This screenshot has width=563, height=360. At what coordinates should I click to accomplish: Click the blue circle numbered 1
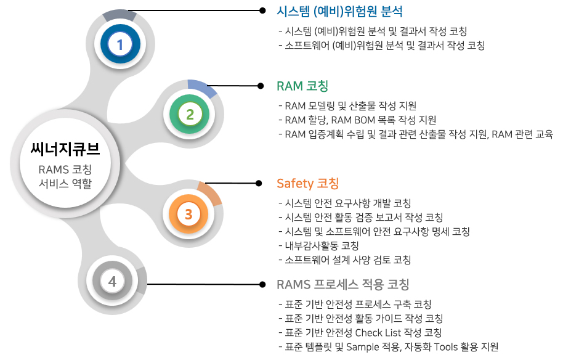point(120,44)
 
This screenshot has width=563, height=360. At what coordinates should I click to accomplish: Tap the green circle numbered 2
point(190,114)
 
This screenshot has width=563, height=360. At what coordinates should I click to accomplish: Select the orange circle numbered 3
point(188,214)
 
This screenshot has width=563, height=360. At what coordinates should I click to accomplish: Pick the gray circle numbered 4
point(112,281)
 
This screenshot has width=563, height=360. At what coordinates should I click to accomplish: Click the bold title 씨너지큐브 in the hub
point(65,149)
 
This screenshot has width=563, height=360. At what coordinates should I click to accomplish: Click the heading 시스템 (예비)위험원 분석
point(339,12)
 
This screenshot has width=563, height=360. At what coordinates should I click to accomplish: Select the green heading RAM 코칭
point(302,86)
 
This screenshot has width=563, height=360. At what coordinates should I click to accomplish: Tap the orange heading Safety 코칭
point(308,183)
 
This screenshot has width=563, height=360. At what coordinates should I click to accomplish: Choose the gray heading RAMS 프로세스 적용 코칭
point(343,284)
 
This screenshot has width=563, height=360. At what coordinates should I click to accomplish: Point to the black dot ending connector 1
point(262,10)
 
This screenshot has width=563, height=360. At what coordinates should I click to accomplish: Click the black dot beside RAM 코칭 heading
point(261,86)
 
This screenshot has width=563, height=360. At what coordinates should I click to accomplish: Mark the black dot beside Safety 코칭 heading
point(259,183)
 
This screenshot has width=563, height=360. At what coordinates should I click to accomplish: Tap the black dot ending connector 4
point(262,284)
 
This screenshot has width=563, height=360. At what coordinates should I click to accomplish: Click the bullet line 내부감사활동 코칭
point(319,246)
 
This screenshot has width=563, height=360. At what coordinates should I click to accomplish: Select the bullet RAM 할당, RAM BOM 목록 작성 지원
point(358,120)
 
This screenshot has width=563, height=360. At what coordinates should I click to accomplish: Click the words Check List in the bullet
point(378,333)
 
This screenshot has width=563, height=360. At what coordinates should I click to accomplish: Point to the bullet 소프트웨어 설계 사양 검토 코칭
point(345,260)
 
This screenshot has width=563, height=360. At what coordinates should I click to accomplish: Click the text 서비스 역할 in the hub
point(65,184)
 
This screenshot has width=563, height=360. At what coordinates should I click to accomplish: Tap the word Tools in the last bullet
point(445,347)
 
